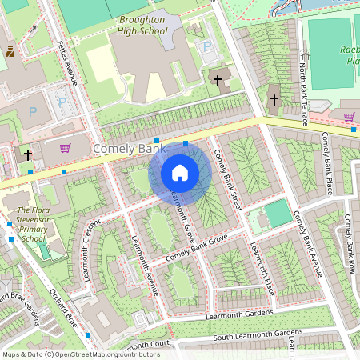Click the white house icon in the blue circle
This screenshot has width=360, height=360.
click(x=180, y=172)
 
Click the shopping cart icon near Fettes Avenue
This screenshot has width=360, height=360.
click(x=65, y=147)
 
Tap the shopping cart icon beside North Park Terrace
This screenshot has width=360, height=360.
click(x=350, y=117)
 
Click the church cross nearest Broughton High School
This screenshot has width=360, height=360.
click(x=217, y=80)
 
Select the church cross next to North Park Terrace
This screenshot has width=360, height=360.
click(x=274, y=100)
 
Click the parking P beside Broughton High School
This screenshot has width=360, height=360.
click(x=208, y=47)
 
